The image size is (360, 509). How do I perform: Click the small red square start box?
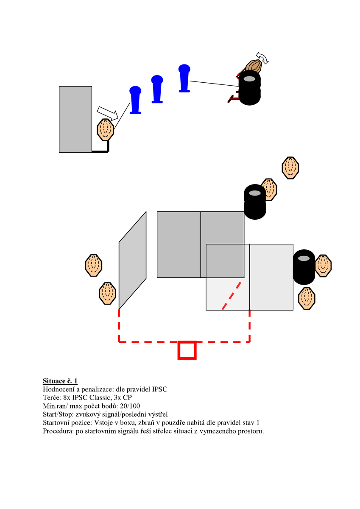tap(187, 350)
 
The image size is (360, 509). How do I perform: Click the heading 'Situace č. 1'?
tap(60, 380)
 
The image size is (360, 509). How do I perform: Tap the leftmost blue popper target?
tap(135, 100)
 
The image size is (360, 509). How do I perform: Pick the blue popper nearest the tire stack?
tap(184, 78)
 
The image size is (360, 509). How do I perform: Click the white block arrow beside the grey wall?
tap(108, 112)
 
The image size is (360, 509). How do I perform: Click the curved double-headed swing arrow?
tap(262, 58)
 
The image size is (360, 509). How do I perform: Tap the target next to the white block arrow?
tap(106, 129)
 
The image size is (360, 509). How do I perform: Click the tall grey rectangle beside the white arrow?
tap(75, 119)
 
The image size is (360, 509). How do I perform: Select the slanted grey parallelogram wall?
tap(132, 260)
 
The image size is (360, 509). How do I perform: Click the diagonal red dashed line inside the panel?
tap(233, 294)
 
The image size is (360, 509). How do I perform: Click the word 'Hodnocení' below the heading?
tap(59, 389)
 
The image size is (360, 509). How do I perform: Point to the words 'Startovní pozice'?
tap(67, 423)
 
